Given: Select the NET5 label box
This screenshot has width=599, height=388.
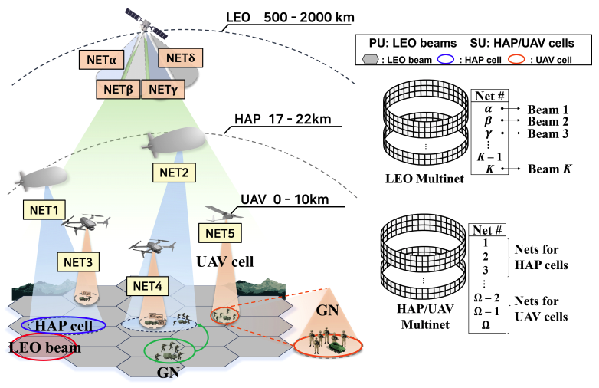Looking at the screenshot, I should [x=221, y=232].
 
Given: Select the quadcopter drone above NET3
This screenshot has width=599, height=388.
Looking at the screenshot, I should [x=84, y=224].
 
